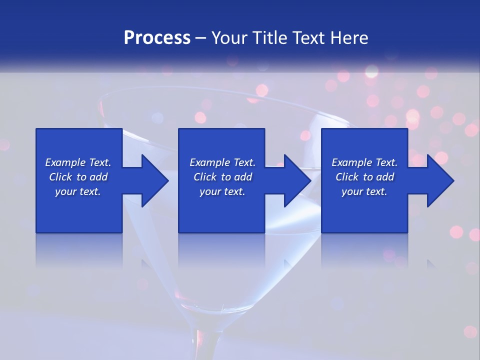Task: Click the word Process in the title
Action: (x=157, y=38)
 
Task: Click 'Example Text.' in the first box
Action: (x=78, y=162)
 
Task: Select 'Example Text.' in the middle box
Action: (x=222, y=162)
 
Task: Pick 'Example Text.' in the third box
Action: (x=364, y=162)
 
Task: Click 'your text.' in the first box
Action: (x=78, y=191)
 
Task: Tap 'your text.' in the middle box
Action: (x=222, y=191)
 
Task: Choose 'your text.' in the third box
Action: (x=364, y=191)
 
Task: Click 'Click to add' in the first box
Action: (x=78, y=177)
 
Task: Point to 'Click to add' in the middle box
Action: (x=222, y=177)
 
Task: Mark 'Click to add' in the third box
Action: (x=364, y=177)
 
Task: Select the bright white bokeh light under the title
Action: (x=371, y=71)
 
